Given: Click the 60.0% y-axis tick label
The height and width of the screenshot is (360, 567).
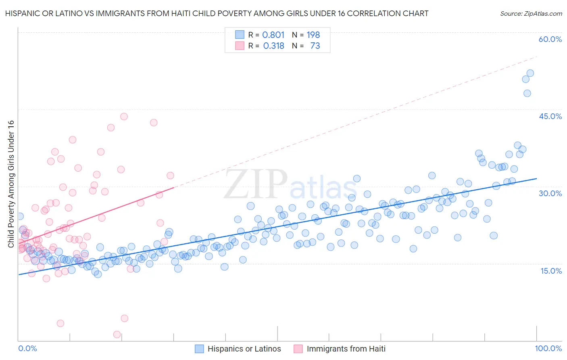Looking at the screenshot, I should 550,39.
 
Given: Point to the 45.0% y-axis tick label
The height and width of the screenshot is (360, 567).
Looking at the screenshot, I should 550,116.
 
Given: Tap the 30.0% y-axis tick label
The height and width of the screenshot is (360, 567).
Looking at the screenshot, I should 550,193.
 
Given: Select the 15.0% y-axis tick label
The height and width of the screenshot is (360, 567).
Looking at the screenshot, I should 551,271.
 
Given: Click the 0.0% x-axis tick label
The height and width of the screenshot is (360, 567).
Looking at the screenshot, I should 27,348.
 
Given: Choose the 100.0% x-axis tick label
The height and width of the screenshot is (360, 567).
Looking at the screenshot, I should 548,348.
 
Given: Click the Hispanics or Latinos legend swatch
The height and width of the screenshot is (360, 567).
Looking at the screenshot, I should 199,349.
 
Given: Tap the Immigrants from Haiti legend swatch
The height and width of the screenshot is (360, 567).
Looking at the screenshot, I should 298,349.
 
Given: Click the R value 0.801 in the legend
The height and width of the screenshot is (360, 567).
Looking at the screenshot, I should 273,35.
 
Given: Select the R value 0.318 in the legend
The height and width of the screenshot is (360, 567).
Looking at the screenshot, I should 273,46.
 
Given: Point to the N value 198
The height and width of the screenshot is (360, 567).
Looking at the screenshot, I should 313,35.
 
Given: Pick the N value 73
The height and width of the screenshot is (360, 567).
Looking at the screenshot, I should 315,46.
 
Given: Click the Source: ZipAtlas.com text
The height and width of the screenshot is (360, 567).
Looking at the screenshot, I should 531,14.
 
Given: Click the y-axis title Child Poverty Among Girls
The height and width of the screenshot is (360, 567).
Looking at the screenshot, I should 11,184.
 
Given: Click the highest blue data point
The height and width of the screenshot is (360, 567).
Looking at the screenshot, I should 530,73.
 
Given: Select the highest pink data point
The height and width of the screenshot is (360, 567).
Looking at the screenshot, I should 124,116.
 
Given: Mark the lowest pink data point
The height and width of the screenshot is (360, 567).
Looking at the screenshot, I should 117,334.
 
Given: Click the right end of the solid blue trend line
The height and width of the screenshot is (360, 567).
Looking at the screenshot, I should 536,178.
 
